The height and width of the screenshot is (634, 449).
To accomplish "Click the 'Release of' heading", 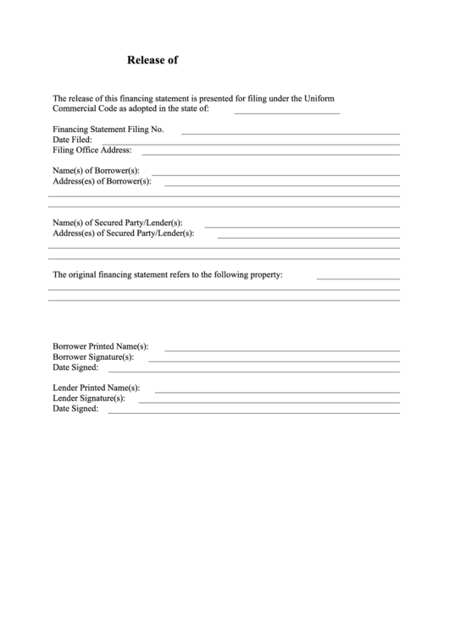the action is [152, 60].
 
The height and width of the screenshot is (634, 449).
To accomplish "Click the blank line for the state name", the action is [286, 113].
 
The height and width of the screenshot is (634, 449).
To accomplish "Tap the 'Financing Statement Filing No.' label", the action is [108, 130].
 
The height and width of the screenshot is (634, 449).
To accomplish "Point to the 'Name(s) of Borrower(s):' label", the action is [96, 171].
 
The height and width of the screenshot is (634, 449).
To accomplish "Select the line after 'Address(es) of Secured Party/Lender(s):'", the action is [308, 236].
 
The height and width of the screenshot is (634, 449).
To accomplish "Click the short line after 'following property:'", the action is [358, 278].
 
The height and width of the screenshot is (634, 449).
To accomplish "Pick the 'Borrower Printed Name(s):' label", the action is [101, 346].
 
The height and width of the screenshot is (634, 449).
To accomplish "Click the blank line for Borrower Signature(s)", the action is [274, 361].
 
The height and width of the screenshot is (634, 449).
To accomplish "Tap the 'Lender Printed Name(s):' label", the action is [97, 387].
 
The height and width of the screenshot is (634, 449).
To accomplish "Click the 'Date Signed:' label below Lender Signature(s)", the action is [75, 408].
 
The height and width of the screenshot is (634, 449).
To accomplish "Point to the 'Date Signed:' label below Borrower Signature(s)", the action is [75, 367].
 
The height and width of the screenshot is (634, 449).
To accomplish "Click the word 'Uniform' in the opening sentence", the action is [319, 98].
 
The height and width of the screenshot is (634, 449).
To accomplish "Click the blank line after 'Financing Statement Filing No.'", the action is [291, 134].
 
